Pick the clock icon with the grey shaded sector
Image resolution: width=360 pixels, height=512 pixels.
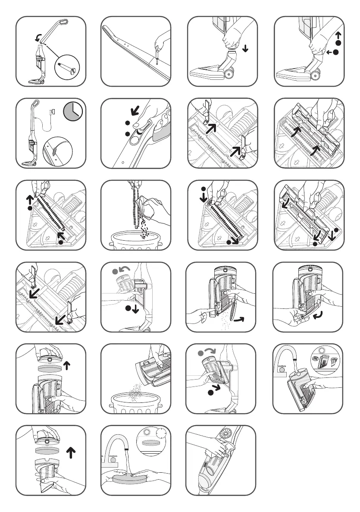72,112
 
